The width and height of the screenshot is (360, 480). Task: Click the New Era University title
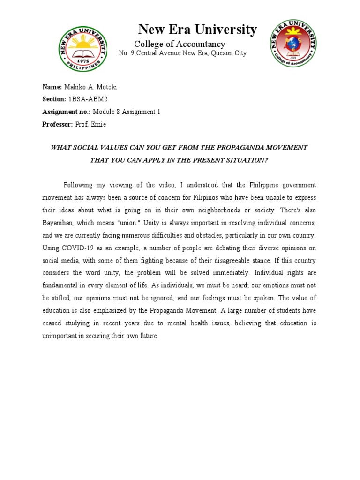click(197, 30)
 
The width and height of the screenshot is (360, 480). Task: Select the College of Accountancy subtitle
click(180, 44)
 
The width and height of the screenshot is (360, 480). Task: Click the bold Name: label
click(52, 87)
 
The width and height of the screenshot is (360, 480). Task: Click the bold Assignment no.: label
click(66, 112)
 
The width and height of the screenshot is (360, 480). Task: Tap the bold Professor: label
click(58, 124)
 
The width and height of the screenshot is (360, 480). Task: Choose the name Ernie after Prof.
click(98, 124)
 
